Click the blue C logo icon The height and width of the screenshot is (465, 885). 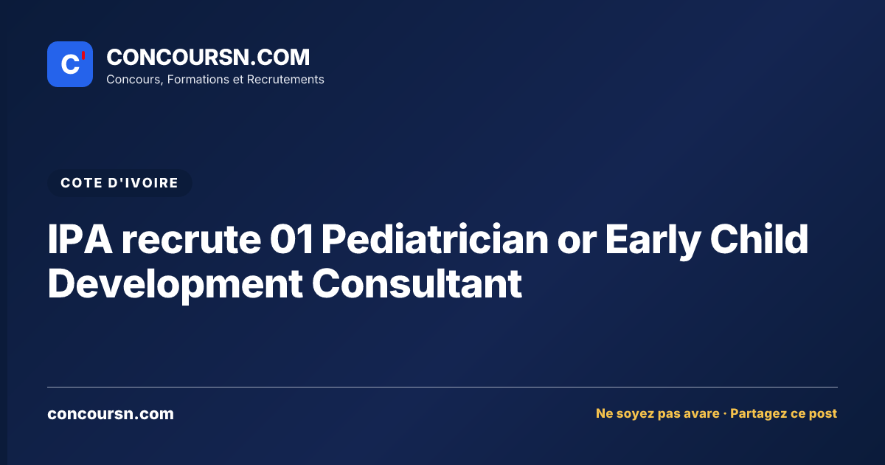(x=70, y=64)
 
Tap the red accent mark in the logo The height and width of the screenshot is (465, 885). (x=83, y=55)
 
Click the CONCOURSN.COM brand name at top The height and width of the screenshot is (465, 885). (x=208, y=57)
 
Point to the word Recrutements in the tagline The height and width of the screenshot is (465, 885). (x=285, y=80)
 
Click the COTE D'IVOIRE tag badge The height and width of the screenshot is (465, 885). (x=119, y=183)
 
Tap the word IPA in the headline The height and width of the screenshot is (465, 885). (x=80, y=239)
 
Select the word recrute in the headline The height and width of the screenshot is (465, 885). (x=191, y=239)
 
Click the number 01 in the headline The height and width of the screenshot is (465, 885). (x=291, y=239)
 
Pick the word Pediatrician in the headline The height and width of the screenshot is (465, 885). (x=435, y=239)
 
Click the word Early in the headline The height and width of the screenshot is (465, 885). (x=653, y=241)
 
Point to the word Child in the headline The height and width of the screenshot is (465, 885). (x=759, y=238)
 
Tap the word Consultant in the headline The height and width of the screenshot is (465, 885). (x=417, y=283)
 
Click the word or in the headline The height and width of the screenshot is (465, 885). (x=577, y=242)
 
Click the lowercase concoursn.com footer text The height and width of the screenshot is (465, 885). (x=111, y=414)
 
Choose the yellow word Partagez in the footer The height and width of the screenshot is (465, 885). (x=758, y=413)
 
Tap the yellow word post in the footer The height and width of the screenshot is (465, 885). (x=823, y=414)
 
